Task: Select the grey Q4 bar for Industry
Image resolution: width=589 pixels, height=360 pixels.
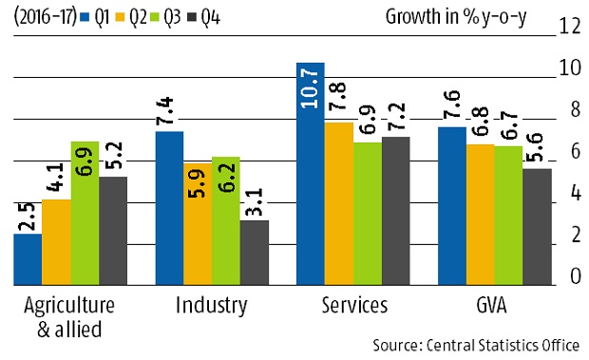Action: tap(254, 252)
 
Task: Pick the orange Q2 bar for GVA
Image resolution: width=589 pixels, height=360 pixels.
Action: tap(481, 214)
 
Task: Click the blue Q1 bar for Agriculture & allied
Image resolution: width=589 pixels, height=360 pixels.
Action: tap(28, 258)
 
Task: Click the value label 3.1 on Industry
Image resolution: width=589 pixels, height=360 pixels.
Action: tap(254, 203)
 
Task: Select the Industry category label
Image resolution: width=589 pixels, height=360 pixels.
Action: tap(212, 305)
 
